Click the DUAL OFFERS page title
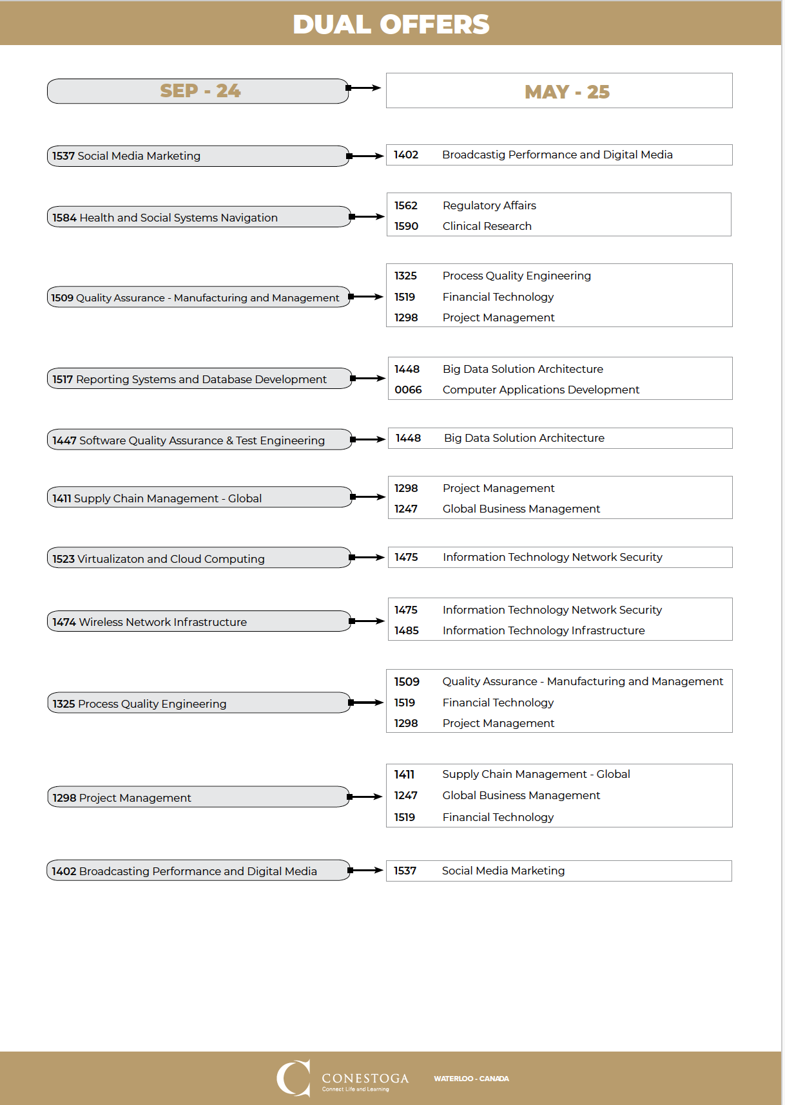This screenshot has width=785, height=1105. (391, 24)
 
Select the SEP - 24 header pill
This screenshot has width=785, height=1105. (199, 91)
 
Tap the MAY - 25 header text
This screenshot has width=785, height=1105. (567, 92)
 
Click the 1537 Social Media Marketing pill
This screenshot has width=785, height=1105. (198, 156)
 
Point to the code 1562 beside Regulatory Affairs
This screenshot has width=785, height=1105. (406, 205)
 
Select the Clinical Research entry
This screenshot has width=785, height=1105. (487, 226)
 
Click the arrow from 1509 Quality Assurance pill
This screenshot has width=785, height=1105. (367, 297)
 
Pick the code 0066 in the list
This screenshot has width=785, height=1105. (408, 390)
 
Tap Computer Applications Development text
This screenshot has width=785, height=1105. (541, 390)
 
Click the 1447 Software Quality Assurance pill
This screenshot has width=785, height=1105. (199, 440)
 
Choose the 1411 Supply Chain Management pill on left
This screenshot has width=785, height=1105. (199, 498)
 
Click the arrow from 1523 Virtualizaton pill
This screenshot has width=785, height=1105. (367, 557)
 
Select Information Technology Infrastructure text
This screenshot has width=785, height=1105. (543, 630)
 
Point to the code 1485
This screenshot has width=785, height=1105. (407, 630)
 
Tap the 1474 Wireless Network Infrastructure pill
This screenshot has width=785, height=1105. (199, 621)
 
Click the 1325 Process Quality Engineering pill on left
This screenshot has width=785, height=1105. (199, 703)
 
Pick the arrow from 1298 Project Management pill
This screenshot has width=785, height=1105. (366, 797)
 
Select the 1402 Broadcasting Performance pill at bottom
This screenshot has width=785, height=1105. (199, 871)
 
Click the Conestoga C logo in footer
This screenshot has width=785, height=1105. (293, 1077)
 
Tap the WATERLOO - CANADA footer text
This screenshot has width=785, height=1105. (471, 1079)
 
